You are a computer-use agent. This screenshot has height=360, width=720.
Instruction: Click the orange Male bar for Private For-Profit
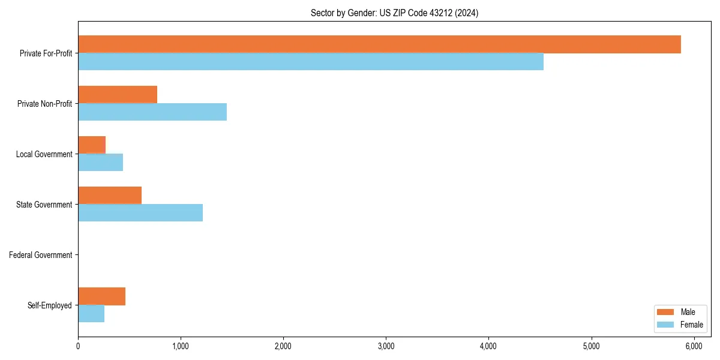(379, 44)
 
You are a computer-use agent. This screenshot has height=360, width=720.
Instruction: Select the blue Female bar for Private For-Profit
(311, 62)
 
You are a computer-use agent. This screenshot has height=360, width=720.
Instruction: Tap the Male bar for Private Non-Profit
(118, 95)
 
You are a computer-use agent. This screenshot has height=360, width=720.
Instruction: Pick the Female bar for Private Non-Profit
(152, 112)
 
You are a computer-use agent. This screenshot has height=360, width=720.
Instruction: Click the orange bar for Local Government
(92, 145)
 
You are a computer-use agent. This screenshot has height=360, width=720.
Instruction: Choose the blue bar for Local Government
(100, 163)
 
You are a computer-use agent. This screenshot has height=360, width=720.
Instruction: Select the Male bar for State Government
(110, 196)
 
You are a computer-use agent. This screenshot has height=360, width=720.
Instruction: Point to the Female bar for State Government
(140, 213)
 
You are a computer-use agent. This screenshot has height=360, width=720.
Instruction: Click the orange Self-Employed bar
(101, 296)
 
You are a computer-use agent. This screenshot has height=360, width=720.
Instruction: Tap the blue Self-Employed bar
(91, 314)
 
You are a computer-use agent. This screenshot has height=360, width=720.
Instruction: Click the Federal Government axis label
(41, 255)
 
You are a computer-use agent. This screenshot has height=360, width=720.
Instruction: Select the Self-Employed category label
(50, 305)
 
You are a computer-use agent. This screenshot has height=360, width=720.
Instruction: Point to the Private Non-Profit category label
(44, 104)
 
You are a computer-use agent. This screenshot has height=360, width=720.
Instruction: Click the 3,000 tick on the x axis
(386, 346)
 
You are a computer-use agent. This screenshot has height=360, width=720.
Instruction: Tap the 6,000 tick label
(694, 346)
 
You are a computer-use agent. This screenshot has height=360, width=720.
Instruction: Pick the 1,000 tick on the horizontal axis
(181, 346)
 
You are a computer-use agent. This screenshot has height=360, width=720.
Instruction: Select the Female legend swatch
(666, 325)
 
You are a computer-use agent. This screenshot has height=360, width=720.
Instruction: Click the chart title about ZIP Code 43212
(394, 13)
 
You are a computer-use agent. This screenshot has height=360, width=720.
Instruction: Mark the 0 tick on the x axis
(78, 346)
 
